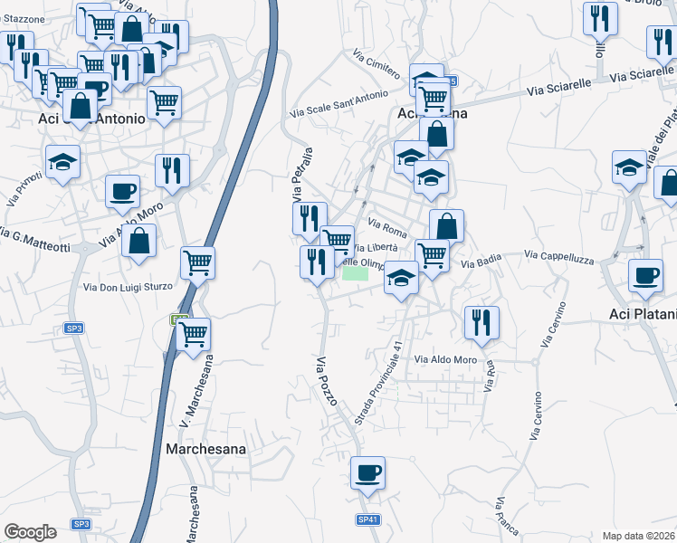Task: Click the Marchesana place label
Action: (207, 448)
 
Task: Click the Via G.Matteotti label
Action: (34, 236)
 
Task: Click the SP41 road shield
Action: (367, 519)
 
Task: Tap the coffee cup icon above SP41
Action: (367, 472)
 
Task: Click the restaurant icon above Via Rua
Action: (482, 321)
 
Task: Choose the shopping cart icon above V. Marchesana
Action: (194, 333)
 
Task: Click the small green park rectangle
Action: (356, 272)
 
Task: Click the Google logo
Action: (30, 532)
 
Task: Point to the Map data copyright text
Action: (638, 536)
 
